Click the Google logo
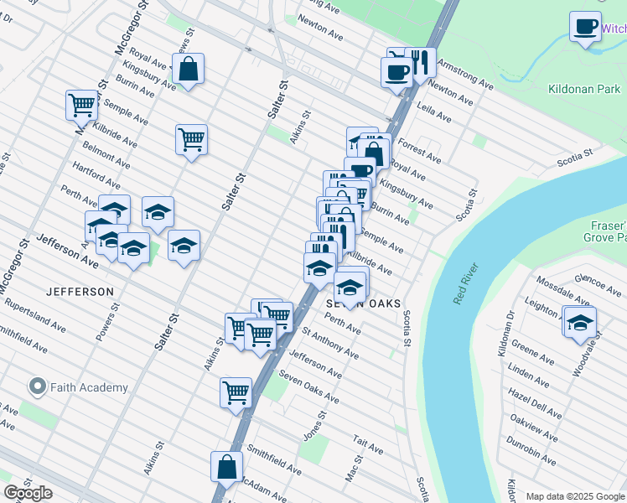pyautogui.click(x=28, y=493)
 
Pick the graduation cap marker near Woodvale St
pyautogui.click(x=580, y=322)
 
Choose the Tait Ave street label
pyautogui.click(x=368, y=444)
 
